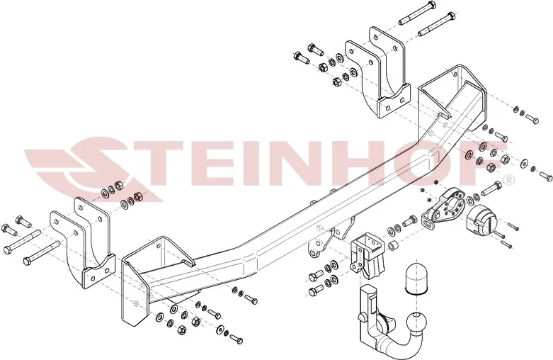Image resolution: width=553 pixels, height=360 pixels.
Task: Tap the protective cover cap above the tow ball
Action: [416, 277]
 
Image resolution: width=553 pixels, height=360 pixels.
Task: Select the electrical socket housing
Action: [481, 222]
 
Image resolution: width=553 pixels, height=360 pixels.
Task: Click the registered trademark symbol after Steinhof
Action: [510, 180]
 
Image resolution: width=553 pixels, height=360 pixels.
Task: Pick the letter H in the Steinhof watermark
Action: [360, 162]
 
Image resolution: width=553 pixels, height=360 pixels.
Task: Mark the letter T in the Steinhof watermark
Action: [156, 162]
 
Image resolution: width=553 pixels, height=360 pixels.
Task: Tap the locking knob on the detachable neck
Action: [362, 316]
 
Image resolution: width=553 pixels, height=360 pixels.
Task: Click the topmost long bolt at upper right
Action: [418, 13]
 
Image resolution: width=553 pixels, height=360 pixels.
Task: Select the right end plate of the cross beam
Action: [453, 102]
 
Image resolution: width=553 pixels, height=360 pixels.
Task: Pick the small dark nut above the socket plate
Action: [436, 181]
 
